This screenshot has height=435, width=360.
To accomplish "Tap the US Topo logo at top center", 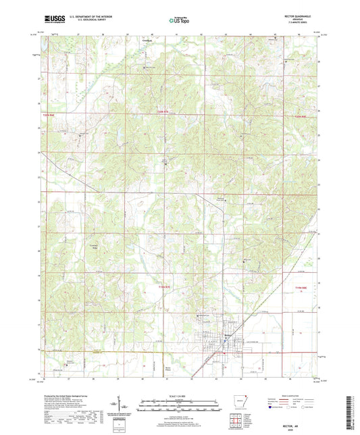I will pos(179,20).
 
